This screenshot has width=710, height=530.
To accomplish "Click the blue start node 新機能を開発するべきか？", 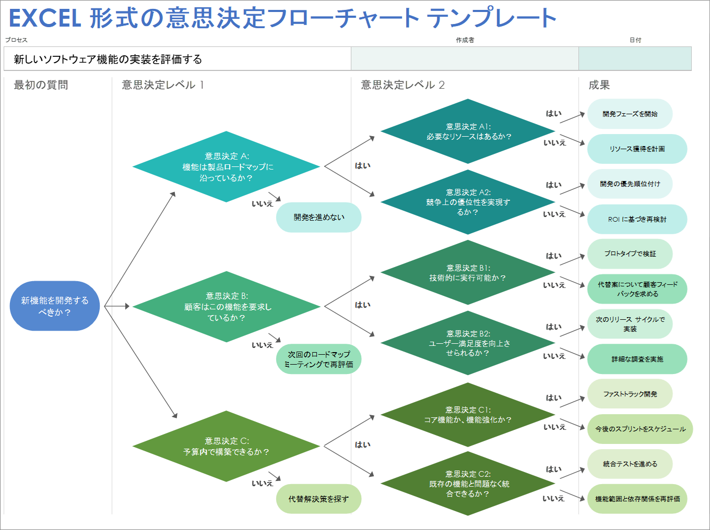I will click(x=54, y=306).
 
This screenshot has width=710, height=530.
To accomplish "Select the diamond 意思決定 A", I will click(x=226, y=167).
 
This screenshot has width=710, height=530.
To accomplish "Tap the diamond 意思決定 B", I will click(x=226, y=307).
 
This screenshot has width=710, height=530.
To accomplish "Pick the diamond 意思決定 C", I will click(x=226, y=446).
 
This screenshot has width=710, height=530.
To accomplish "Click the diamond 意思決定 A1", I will click(x=468, y=131).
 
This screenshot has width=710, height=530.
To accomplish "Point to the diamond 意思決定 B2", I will click(x=468, y=343).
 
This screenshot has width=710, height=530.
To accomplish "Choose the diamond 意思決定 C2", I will click(x=468, y=484).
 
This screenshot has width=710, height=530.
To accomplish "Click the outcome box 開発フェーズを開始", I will click(x=630, y=114).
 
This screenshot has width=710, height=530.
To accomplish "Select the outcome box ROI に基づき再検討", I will click(x=637, y=219).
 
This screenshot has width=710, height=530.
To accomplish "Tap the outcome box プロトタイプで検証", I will click(x=630, y=254).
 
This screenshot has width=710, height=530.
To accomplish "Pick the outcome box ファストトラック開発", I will click(x=630, y=394).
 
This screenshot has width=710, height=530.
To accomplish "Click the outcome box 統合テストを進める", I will click(x=630, y=464).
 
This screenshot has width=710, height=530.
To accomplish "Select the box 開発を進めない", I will click(x=318, y=218).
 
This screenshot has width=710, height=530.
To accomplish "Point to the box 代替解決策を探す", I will click(x=318, y=499).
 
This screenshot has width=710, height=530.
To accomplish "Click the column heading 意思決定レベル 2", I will click(x=403, y=85).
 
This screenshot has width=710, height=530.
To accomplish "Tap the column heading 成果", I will click(x=599, y=85).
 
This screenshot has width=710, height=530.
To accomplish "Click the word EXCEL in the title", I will click(x=45, y=18).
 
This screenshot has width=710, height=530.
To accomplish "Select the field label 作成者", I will click(x=465, y=40).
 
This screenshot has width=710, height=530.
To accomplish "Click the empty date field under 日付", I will click(x=635, y=58).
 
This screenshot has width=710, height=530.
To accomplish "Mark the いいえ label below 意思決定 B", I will click(x=262, y=345).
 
